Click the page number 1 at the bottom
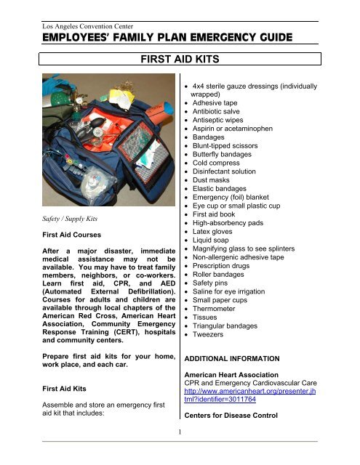point(179,456)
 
